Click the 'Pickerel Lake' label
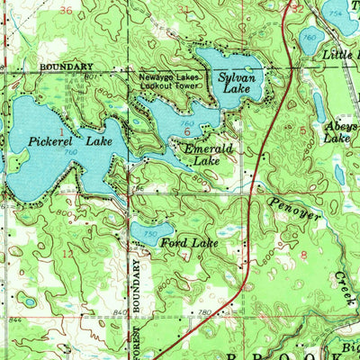(67, 141)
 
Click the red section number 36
(65, 10)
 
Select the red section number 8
(304, 256)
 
